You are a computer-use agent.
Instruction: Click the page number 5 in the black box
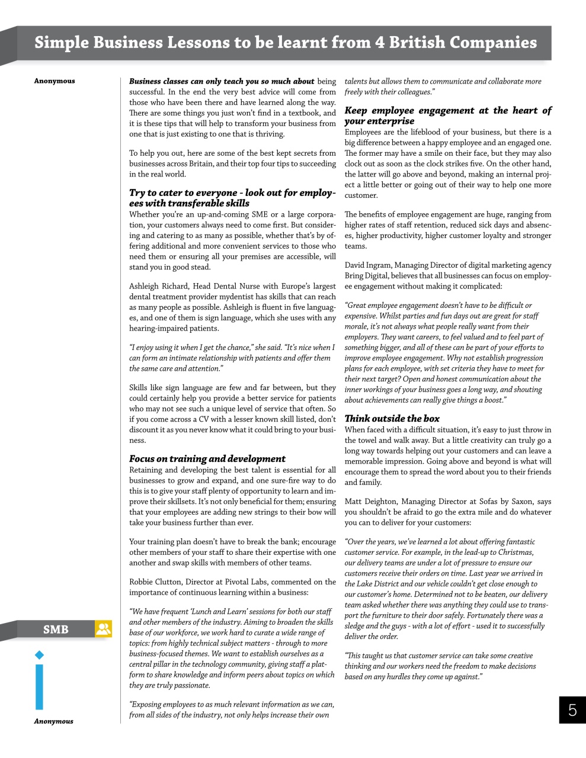tap(572, 710)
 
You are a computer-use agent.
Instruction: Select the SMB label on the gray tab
tap(56, 629)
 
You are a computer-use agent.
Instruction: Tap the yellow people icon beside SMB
tap(103, 629)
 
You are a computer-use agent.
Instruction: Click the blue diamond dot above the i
tap(40, 655)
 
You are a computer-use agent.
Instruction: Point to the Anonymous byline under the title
tap(55, 81)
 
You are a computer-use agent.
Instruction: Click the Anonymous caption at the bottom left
tap(53, 721)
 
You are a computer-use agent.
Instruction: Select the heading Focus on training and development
tap(207, 459)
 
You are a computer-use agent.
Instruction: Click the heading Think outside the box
tap(392, 419)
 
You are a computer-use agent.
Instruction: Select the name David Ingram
tap(367, 265)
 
